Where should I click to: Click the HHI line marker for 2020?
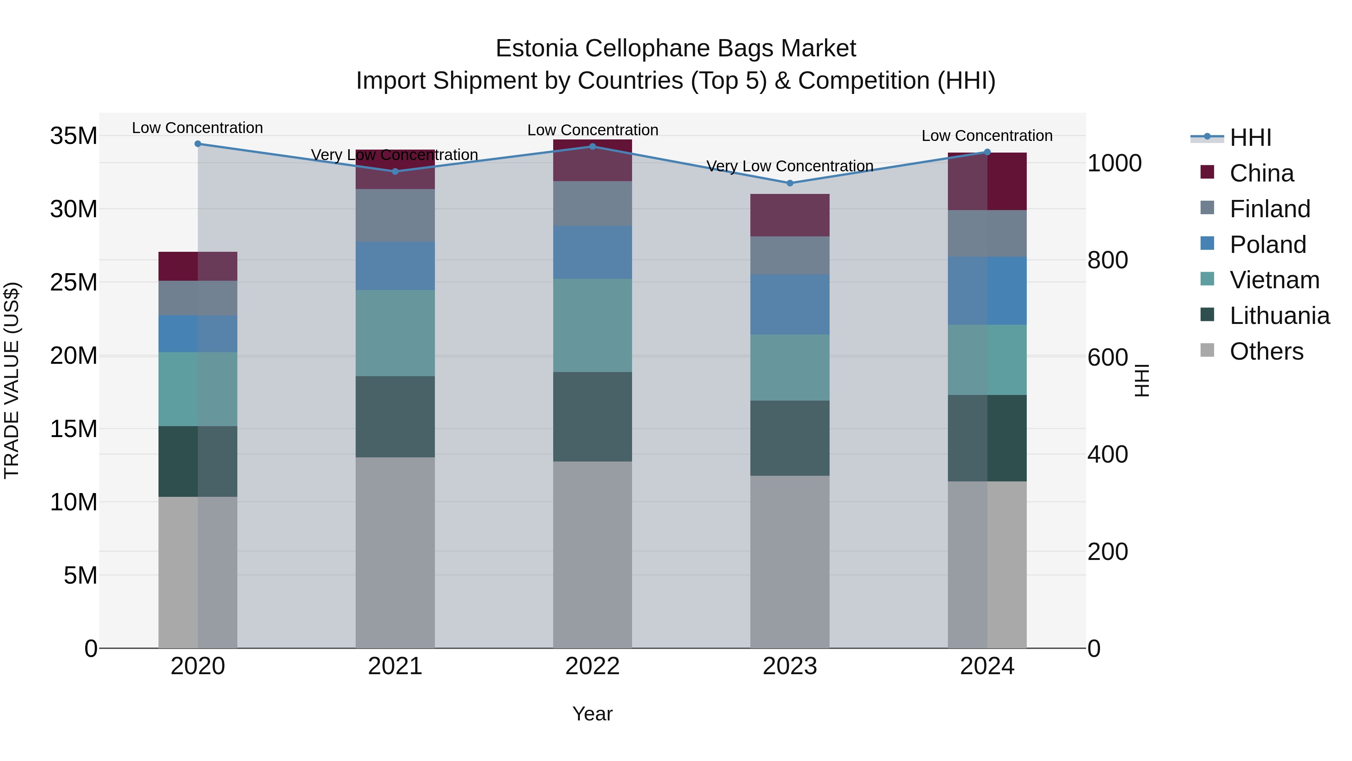(198, 144)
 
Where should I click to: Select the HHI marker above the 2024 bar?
(987, 152)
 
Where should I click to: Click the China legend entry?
(1261, 173)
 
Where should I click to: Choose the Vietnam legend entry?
(1274, 280)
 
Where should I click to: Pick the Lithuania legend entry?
(1279, 316)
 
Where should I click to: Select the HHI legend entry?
(1250, 138)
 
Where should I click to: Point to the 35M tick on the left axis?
(74, 136)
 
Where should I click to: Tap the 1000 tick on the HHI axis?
(1114, 163)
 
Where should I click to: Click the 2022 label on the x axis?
(593, 666)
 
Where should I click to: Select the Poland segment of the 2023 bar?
(790, 305)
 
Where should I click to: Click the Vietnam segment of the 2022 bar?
(593, 325)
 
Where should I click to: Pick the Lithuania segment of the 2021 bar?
(395, 416)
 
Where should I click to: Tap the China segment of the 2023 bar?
(790, 215)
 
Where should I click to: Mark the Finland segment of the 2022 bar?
(593, 204)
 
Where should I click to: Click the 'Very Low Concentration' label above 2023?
(790, 166)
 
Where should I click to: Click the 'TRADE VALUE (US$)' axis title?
(12, 380)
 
